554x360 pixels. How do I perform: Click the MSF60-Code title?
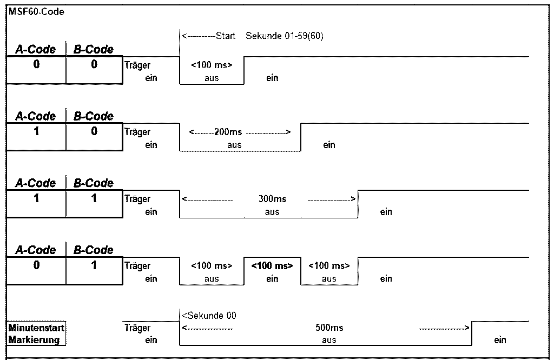pos(36,11)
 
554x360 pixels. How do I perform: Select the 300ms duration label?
pos(272,199)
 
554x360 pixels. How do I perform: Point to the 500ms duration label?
pos(329,328)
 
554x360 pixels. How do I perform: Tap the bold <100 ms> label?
pos(272,266)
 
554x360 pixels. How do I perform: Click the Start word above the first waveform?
pos(226,36)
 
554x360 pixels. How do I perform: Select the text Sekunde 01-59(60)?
pos(285,36)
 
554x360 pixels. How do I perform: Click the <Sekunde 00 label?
pos(209,316)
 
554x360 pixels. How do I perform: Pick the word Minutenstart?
pos(36,328)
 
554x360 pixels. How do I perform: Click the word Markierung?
pos(34,340)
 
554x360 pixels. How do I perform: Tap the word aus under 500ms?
pos(329,341)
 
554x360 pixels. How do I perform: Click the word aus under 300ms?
pos(272,212)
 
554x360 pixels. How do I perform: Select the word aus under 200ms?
pos(234,145)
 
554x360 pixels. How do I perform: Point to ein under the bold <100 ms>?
pos(272,279)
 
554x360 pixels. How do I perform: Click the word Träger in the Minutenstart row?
pos(137,328)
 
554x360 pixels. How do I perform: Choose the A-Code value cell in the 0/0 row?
pos(36,70)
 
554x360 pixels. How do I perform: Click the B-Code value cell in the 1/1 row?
pos(94,204)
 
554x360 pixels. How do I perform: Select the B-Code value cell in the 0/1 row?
pos(94,271)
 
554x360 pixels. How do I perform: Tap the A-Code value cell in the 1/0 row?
pos(36,137)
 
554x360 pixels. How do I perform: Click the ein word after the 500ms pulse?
pos(500,341)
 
